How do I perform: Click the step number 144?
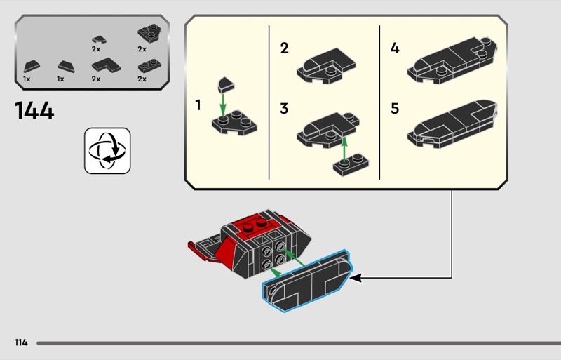pos(34,111)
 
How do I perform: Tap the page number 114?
pos(20,342)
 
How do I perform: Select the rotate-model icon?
pos(107,150)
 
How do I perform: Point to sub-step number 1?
pos(198,105)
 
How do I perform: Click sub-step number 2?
pos(284,48)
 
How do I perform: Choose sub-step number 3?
pos(284,109)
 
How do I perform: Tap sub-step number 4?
pos(395,48)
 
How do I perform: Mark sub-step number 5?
pos(395,109)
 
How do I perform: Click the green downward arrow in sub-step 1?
pos(224,105)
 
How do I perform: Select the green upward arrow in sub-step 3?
pos(345,147)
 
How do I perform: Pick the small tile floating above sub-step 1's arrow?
pos(226,85)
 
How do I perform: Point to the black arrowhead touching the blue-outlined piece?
pos(355,279)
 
